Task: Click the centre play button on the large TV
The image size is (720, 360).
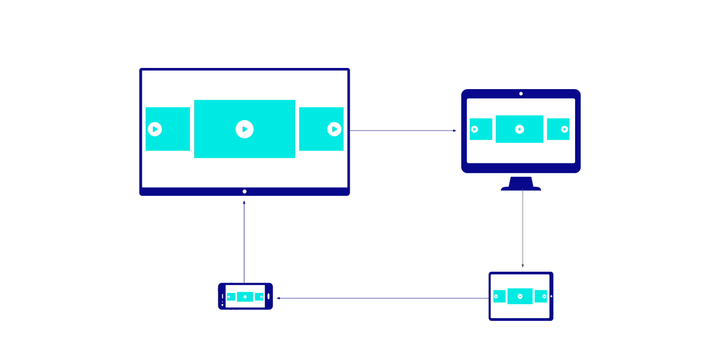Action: click(244, 129)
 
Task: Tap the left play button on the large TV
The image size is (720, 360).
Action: click(155, 129)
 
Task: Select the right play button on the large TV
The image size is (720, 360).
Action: click(334, 129)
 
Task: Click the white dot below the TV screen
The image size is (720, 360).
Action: click(244, 192)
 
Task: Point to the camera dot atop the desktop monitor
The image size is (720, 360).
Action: click(521, 94)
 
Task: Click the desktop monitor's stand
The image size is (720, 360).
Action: click(521, 184)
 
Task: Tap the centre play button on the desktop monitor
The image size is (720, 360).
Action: click(519, 129)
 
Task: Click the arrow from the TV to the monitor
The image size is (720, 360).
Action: click(403, 130)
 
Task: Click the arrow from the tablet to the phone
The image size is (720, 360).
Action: click(382, 298)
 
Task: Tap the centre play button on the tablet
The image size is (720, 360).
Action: click(520, 296)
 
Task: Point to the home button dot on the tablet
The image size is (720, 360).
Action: click(551, 296)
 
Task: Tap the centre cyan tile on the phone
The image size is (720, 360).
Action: click(245, 297)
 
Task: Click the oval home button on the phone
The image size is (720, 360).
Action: click(269, 296)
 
